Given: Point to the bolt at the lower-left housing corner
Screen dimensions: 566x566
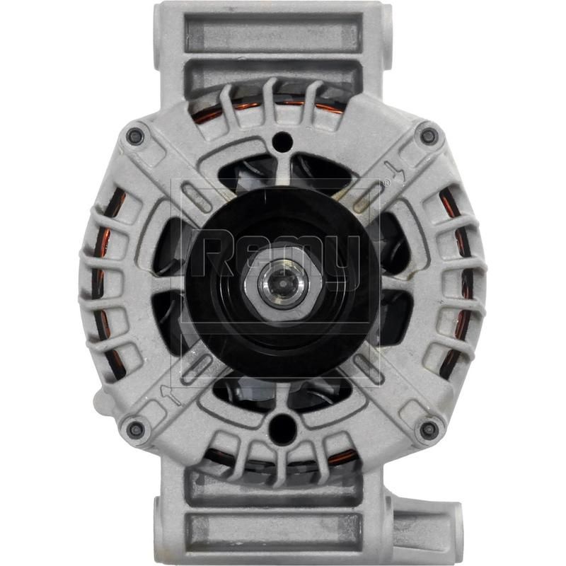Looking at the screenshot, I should click(x=135, y=427).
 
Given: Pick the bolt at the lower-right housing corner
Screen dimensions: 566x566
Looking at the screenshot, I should click(x=428, y=429).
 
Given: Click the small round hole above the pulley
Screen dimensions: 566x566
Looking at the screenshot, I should click(x=282, y=139).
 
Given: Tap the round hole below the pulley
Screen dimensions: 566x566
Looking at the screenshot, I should click(x=282, y=427).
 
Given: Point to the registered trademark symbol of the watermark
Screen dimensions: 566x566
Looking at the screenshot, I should click(x=385, y=183).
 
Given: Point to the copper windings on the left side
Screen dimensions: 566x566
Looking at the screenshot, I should click(x=103, y=283).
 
